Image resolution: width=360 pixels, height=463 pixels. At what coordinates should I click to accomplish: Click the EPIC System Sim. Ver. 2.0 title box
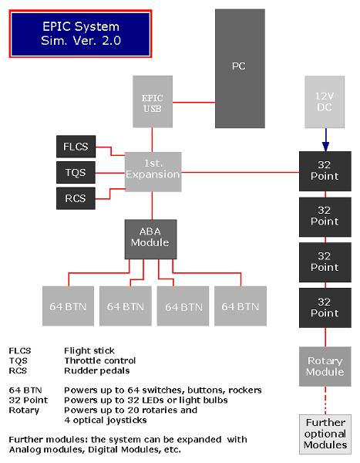point(81,34)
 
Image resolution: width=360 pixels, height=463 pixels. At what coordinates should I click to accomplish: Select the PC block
point(240,69)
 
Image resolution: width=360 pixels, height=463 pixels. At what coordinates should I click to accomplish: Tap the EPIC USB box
point(153,102)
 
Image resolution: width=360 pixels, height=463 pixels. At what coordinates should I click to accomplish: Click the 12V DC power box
point(325,102)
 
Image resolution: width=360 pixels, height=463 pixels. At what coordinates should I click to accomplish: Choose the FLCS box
point(76,147)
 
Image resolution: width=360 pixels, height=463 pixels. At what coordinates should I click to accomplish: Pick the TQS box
point(76,172)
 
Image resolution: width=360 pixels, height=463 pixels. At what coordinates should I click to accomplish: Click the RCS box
point(76,198)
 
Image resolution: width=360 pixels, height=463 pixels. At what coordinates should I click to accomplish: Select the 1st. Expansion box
point(153,172)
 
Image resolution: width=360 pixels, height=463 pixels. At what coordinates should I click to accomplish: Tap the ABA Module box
point(150,239)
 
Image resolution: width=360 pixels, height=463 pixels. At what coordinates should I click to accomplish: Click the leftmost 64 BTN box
point(68,306)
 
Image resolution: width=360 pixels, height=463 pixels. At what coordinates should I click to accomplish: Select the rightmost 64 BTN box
point(241,306)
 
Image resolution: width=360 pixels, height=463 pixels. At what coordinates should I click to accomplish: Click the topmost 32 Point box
point(325,171)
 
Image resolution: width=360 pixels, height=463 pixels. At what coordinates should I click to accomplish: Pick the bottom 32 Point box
point(325,308)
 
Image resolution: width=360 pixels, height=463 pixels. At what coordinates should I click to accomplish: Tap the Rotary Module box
point(325,367)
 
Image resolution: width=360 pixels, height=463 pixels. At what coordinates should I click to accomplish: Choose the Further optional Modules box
point(325,434)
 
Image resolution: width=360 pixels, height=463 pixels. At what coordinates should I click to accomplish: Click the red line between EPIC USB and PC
point(193,103)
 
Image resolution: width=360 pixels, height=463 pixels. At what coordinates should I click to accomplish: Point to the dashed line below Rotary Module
point(325,400)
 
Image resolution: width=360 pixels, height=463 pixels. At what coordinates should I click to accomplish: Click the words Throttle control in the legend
point(100,360)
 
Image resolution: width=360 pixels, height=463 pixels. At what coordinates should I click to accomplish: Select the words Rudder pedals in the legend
point(97,370)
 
